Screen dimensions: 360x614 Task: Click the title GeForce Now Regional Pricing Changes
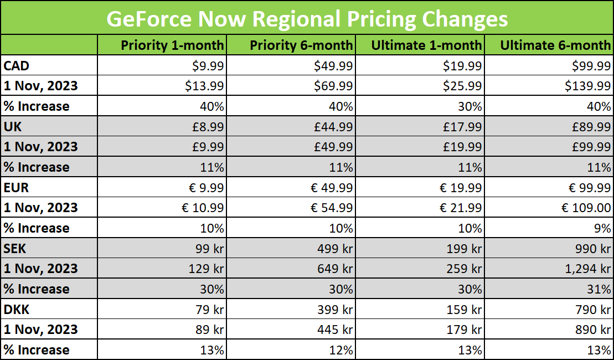coord(307,18)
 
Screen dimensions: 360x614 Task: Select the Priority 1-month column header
coord(172,45)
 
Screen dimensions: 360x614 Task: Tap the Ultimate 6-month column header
coord(555,45)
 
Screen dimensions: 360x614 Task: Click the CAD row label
coord(17,66)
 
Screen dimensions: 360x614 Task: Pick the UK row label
coord(13,127)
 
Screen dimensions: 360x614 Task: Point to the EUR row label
coord(16,188)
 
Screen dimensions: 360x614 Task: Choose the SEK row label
coord(15,249)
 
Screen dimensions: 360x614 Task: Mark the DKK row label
coord(16,310)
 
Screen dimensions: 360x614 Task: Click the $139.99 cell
coord(587,86)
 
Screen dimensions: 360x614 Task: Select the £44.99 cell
coord(333,127)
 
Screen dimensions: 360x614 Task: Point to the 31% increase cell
coord(600,289)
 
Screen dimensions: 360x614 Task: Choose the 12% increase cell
coord(341,350)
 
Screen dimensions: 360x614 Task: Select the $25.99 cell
coord(462,86)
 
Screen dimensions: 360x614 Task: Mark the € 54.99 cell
coord(331,208)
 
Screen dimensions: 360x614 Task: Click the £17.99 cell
coord(462,127)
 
